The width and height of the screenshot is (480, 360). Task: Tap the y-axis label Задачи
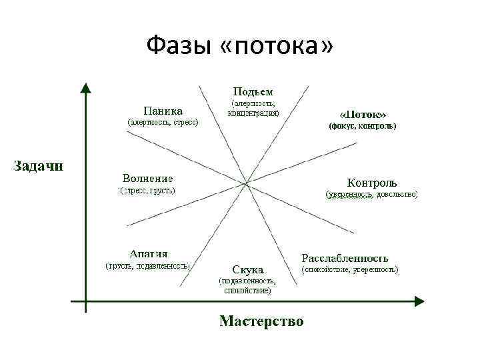(x=40, y=165)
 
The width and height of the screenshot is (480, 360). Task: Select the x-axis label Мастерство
(x=261, y=321)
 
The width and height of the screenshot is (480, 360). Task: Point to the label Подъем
(x=253, y=91)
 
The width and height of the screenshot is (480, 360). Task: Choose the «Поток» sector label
(x=363, y=113)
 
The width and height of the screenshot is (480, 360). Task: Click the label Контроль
(x=372, y=182)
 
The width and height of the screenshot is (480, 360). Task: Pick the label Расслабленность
(x=345, y=258)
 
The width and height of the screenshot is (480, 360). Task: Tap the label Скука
(x=248, y=269)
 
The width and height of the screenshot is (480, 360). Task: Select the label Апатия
(x=149, y=253)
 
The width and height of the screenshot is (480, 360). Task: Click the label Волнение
(x=148, y=178)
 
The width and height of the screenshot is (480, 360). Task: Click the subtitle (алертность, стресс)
(x=163, y=123)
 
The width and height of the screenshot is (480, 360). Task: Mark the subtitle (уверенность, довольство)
(x=371, y=194)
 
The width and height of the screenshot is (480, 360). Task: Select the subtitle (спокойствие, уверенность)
(x=350, y=270)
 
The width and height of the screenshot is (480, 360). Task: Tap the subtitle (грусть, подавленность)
(x=149, y=265)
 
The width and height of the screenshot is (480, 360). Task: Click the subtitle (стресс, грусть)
(x=147, y=191)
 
